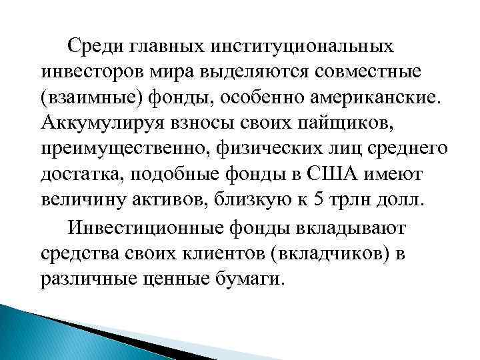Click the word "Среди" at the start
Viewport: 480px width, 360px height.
[x=96, y=46]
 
